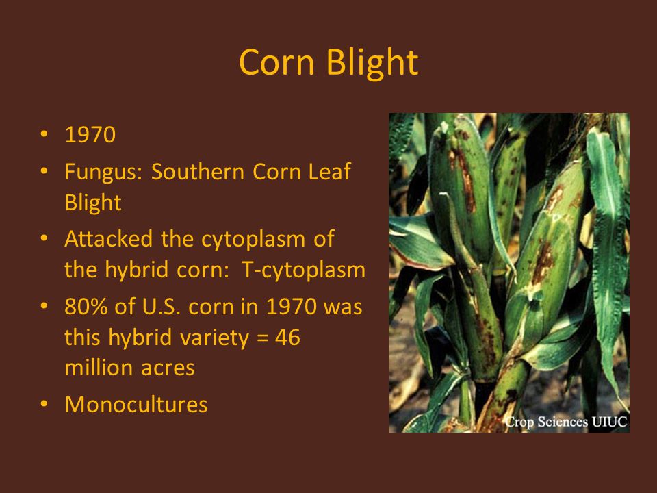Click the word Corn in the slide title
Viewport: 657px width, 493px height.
(x=276, y=62)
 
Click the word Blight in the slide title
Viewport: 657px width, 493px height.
(x=372, y=63)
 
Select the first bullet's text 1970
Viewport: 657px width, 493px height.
(x=90, y=135)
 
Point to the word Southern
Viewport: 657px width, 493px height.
(x=197, y=171)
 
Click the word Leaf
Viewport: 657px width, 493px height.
(x=329, y=171)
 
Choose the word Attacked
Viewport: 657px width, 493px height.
(x=109, y=239)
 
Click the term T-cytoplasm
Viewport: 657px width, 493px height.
(x=303, y=270)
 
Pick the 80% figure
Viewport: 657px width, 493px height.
(x=86, y=307)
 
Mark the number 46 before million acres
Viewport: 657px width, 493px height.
(x=287, y=337)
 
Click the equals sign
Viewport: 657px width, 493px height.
(x=262, y=338)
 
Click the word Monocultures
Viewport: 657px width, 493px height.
(x=136, y=405)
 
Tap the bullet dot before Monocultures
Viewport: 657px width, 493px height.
(x=44, y=404)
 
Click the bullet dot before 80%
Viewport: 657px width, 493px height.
(x=44, y=305)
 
